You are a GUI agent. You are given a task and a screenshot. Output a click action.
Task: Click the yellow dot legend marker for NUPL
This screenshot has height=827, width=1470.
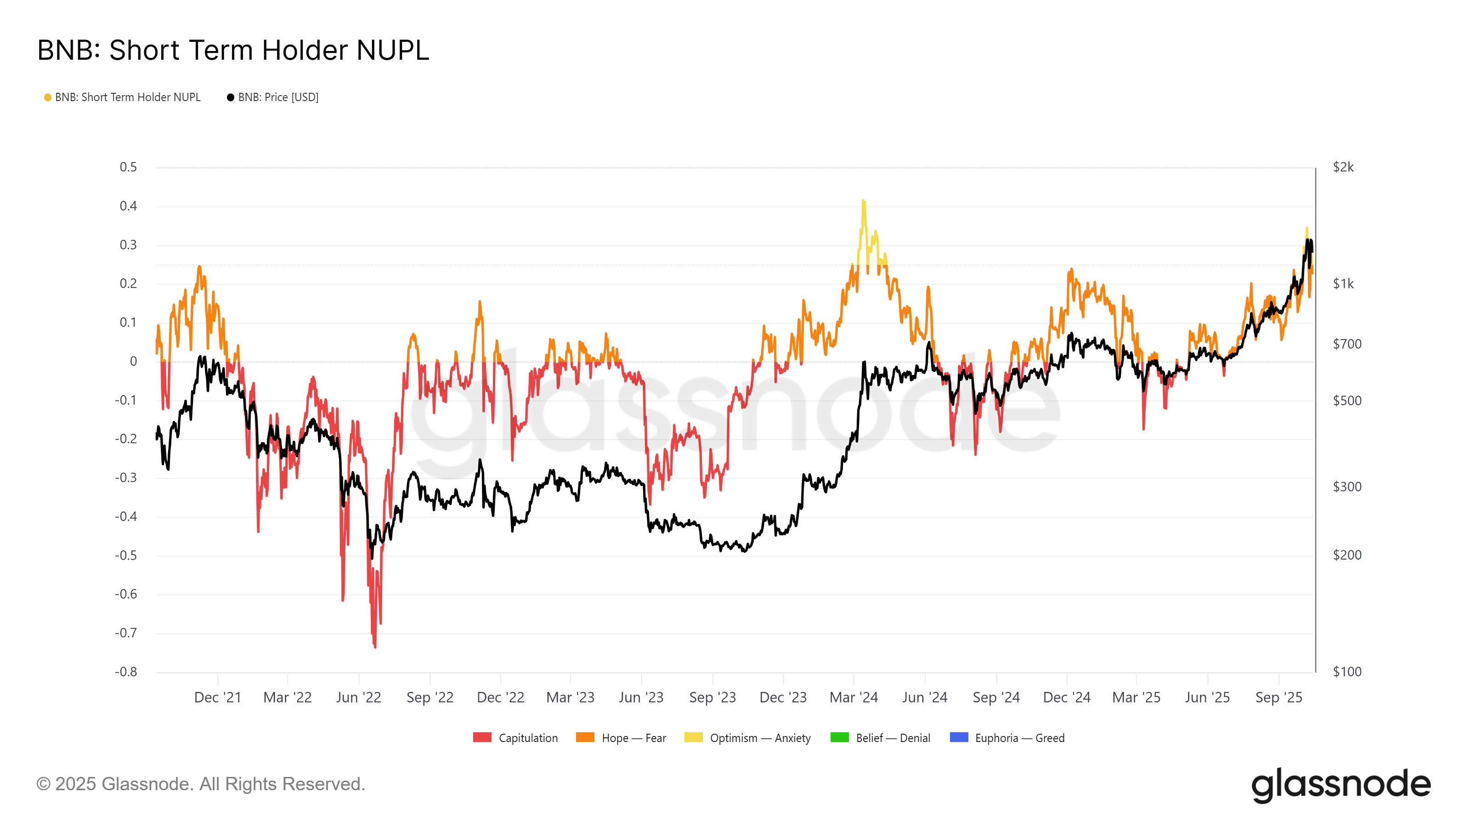click(48, 97)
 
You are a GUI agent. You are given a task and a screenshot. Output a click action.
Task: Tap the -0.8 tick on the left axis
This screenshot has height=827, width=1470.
click(126, 672)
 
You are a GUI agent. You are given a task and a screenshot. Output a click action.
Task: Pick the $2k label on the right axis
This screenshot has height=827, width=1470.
click(1343, 167)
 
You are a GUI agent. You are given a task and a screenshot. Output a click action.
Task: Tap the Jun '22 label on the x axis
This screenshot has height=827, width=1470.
click(358, 697)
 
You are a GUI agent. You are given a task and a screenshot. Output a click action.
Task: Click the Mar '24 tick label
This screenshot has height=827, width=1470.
click(853, 697)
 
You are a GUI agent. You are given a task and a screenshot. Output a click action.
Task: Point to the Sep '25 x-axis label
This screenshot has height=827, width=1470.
click(1278, 697)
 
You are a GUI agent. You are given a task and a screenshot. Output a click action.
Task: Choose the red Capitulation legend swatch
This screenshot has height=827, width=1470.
click(482, 737)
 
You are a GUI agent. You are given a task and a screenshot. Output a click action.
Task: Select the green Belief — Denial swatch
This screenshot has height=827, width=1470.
click(839, 737)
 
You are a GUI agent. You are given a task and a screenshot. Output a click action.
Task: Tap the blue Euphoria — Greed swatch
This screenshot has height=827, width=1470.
click(959, 737)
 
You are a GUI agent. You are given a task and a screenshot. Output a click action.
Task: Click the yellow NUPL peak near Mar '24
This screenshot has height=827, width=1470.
click(864, 201)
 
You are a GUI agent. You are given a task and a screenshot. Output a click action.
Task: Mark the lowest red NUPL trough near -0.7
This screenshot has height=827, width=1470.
click(375, 646)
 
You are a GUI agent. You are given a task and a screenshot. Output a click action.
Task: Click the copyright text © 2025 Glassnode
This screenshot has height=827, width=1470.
click(200, 784)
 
